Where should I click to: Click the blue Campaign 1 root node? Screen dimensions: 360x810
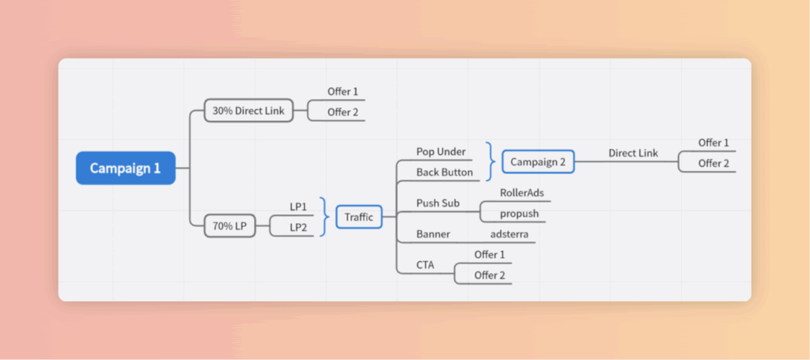125,168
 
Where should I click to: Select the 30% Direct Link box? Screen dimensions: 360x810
248,111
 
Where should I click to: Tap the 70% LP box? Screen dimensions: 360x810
229,226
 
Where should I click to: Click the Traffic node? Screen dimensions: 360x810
359,216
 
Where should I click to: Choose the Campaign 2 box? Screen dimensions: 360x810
538,161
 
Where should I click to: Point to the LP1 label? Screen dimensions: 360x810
298,207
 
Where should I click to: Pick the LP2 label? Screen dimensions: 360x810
298,227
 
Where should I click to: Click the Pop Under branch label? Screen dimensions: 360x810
441,151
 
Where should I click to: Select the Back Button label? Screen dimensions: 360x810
445,172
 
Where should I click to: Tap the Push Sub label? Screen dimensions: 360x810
437,203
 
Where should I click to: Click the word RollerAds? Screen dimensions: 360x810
521,192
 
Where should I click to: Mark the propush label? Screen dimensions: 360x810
519,214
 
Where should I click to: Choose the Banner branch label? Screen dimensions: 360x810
433,234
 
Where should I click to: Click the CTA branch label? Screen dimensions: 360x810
425,265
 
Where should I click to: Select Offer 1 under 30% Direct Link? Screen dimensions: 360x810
343,92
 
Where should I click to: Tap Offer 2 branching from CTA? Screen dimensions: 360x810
489,275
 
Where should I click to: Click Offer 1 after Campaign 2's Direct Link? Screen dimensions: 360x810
713,142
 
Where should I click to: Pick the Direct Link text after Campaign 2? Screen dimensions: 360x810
633,153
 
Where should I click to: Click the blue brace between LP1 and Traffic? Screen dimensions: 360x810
324,217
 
